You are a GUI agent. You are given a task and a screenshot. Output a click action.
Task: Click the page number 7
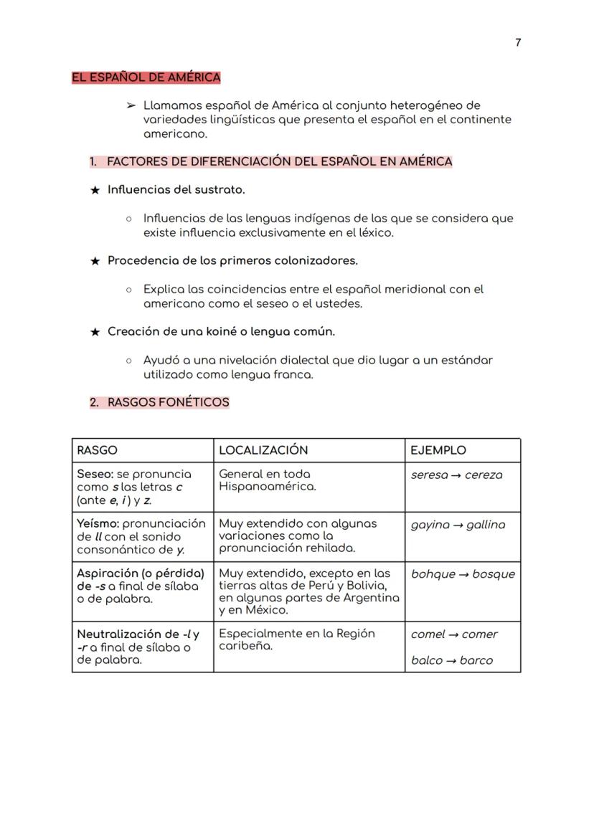[x=518, y=42]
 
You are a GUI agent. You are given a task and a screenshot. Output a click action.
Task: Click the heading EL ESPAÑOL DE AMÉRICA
[x=146, y=77]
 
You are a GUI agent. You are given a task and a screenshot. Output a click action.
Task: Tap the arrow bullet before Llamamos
[x=131, y=105]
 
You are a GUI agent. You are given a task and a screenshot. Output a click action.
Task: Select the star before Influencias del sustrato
[x=95, y=190]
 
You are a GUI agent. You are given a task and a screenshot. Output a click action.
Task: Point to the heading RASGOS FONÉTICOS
[x=168, y=402]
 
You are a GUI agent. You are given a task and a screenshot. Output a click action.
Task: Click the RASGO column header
[x=97, y=450]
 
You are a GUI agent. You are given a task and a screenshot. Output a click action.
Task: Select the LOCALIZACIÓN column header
[x=263, y=450]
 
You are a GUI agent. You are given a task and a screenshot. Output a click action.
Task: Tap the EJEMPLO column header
[x=438, y=450]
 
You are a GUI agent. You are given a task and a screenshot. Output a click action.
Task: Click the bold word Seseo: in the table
[x=95, y=474]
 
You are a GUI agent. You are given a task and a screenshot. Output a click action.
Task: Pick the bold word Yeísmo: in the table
[x=98, y=524]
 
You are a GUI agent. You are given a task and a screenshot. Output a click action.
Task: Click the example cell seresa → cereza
[x=456, y=475]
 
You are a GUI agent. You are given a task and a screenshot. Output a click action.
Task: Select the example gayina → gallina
[x=458, y=525]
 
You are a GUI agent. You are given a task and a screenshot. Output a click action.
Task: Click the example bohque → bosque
[x=463, y=574]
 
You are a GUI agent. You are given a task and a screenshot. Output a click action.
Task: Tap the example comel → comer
[x=454, y=634]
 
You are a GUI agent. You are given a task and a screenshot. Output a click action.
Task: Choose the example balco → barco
[x=452, y=660]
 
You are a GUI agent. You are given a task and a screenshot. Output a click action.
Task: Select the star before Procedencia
[x=95, y=261]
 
